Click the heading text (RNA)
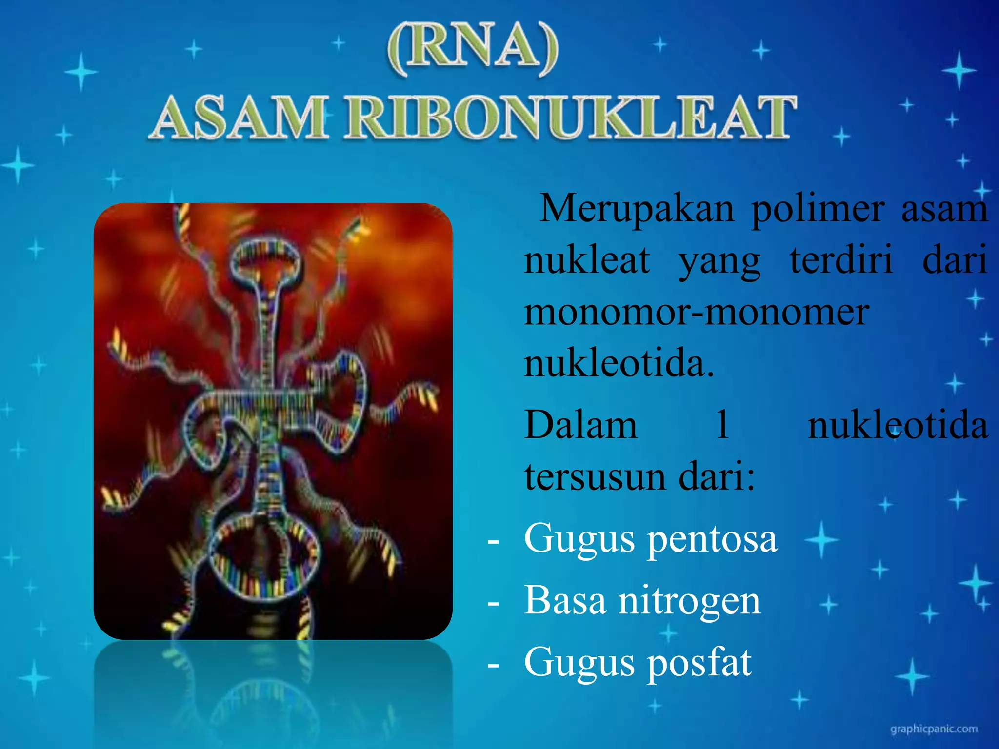472,49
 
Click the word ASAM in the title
239,118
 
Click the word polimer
817,208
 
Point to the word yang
719,261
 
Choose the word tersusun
593,477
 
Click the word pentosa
713,540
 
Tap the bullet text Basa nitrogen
642,601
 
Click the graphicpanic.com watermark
934,729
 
